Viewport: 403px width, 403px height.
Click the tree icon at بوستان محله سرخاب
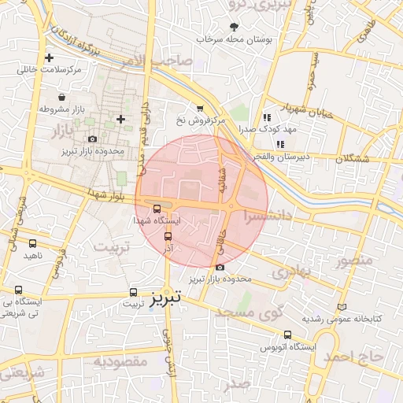pos(234,26)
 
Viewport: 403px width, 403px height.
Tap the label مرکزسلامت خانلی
pos(51,70)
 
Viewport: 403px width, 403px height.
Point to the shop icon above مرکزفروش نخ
pos(200,109)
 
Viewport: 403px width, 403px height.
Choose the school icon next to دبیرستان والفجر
pos(258,142)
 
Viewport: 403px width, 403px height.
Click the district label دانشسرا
pos(267,214)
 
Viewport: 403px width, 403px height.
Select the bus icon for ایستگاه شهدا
pos(157,209)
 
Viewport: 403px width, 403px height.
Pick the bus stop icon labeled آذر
pos(167,235)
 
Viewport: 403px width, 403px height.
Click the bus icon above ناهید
pos(32,244)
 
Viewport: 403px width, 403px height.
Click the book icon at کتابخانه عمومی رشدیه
pos(341,307)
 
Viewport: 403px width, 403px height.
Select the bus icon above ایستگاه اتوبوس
pos(287,334)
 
